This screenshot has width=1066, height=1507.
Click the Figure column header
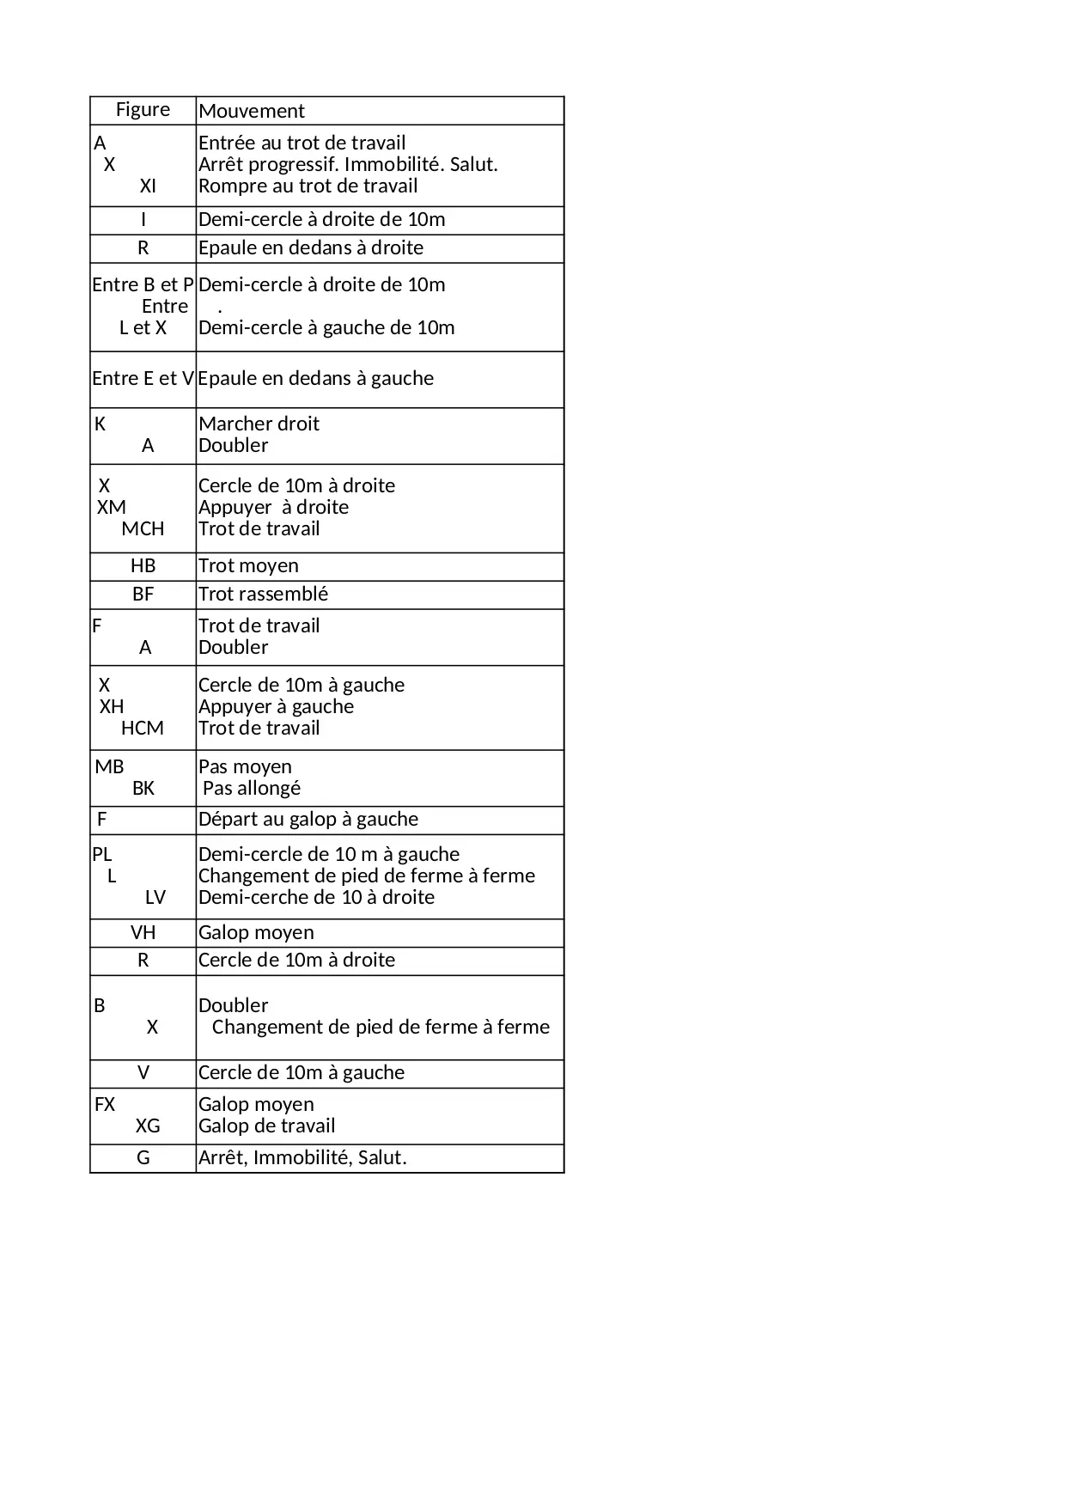143,110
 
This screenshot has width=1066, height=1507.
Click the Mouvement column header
252,111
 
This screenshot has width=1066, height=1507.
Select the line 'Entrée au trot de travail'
302,143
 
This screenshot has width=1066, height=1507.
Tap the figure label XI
148,186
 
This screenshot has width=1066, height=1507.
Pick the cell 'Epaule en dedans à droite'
311,247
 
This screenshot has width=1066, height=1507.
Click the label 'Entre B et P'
143,284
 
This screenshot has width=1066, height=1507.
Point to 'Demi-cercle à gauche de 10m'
326,327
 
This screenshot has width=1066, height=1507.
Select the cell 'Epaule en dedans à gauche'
316,378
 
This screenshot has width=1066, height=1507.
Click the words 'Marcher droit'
259,424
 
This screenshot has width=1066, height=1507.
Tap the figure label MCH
143,528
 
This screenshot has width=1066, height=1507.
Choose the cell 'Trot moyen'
248,565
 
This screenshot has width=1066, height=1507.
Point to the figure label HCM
142,728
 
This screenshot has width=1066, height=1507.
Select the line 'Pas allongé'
252,788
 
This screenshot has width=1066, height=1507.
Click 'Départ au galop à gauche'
308,819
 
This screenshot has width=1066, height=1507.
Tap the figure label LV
155,897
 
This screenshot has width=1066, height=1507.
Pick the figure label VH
143,932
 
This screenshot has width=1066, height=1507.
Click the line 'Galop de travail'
266,1126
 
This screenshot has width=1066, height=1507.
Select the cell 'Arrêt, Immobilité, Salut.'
302,1157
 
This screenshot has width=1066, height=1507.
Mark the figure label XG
148,1126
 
